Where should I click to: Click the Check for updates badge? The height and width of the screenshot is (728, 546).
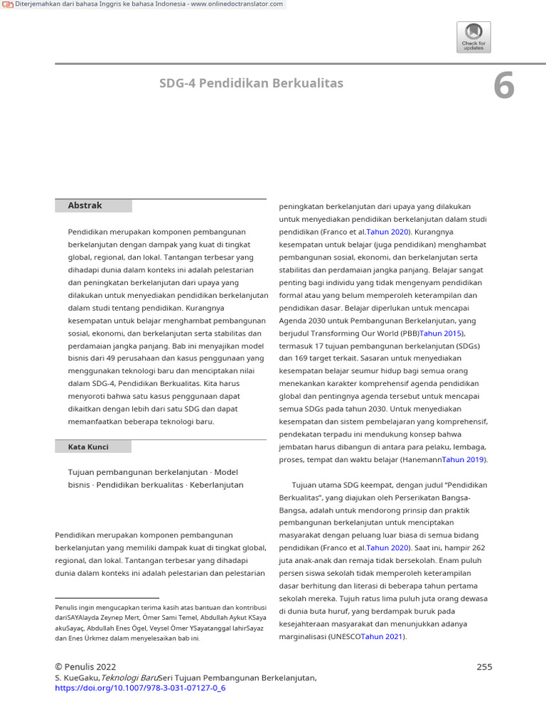pyautogui.click(x=473, y=37)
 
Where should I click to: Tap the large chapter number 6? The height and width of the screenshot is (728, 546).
pyautogui.click(x=503, y=87)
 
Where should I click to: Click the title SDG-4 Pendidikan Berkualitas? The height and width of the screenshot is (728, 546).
pyautogui.click(x=251, y=84)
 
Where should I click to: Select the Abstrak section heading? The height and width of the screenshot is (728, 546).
pyautogui.click(x=85, y=205)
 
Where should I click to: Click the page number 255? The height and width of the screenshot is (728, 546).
pyautogui.click(x=484, y=667)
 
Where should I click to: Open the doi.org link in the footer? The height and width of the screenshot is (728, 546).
pyautogui.click(x=140, y=689)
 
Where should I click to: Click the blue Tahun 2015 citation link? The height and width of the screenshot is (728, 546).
pyautogui.click(x=441, y=333)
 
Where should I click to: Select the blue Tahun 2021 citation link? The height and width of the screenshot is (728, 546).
pyautogui.click(x=382, y=637)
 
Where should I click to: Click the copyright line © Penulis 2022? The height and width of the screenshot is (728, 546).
pyautogui.click(x=85, y=667)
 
